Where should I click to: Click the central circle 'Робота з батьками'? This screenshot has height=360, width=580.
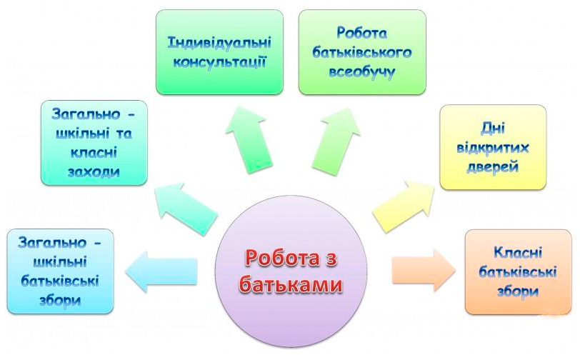tap(291, 272)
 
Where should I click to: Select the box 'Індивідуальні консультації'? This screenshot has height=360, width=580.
tap(220, 52)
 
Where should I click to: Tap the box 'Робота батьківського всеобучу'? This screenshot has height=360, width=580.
tap(362, 52)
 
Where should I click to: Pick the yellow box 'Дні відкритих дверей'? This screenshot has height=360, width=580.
tap(493, 147)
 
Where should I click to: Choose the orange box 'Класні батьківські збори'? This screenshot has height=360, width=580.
tap(519, 272)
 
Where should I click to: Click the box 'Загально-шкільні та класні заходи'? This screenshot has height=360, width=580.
tap(94, 143)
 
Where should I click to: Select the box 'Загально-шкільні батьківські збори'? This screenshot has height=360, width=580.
tap(60, 271)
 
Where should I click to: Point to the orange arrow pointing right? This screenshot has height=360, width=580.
tap(424, 271)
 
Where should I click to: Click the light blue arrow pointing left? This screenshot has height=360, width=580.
tap(161, 271)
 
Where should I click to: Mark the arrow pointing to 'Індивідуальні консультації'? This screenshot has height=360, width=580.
tap(249, 140)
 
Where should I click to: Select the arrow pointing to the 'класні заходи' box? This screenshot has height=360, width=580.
tap(186, 209)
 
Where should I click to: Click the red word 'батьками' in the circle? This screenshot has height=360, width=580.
tap(291, 285)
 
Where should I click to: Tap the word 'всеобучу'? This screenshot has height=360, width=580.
tap(362, 72)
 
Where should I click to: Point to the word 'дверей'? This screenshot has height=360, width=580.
tap(493, 167)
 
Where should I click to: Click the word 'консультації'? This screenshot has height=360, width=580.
tap(220, 62)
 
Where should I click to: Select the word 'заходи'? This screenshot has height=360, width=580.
tap(94, 172)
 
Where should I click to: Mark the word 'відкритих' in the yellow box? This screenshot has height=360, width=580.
tap(493, 148)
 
